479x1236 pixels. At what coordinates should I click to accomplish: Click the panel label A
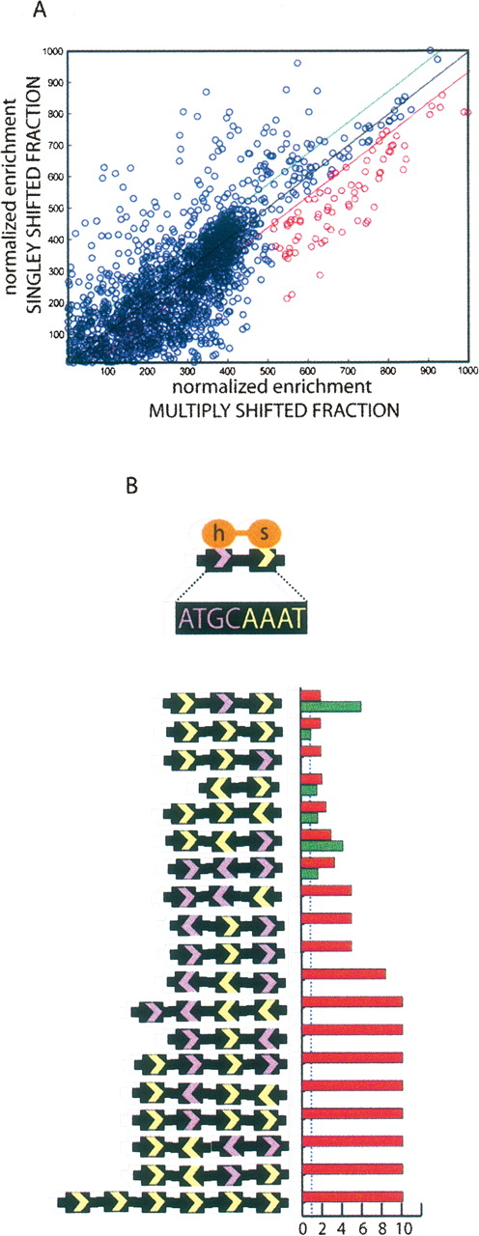click(40, 11)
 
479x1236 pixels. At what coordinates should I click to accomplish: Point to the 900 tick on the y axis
click(55, 82)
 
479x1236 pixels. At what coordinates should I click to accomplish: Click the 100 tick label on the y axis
click(55, 334)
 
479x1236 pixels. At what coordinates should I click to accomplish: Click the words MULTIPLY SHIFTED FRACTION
click(272, 410)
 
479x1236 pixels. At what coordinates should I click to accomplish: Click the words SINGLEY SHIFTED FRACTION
click(35, 195)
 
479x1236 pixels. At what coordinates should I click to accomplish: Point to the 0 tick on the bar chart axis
click(302, 1225)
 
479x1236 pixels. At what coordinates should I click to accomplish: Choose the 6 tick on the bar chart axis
click(362, 1225)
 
